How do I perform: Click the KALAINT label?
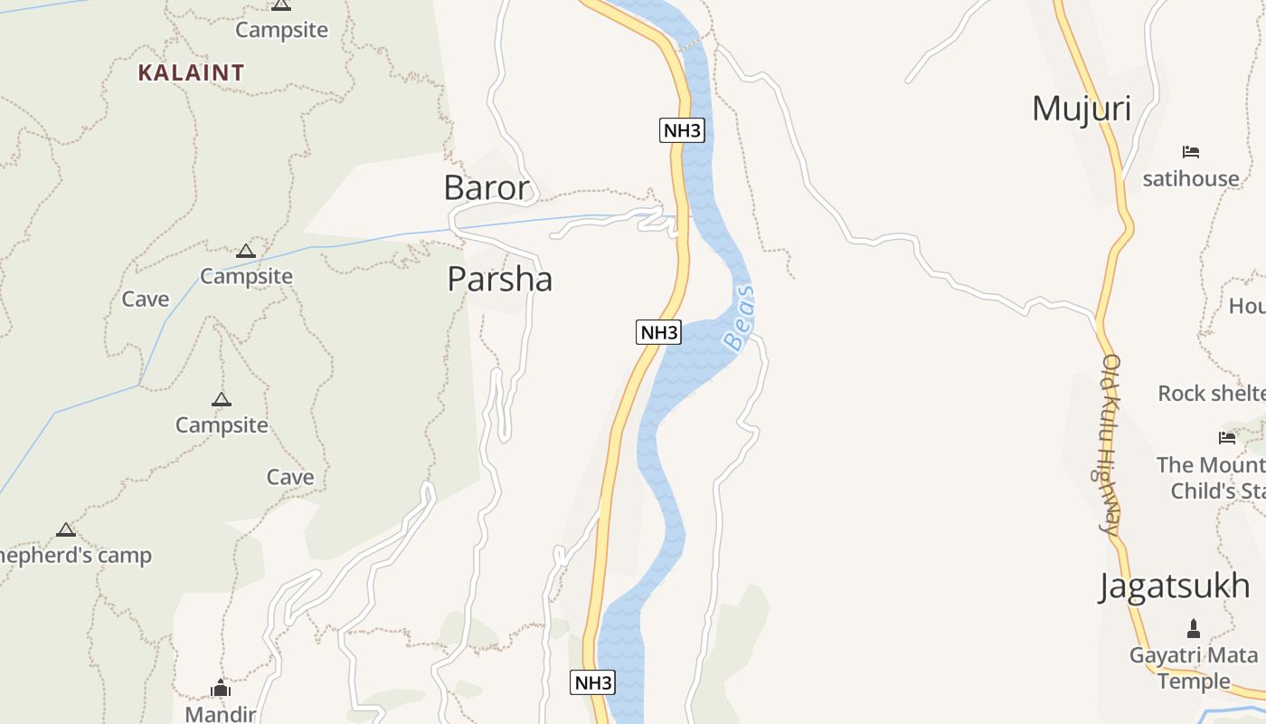191,72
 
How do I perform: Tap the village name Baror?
487,187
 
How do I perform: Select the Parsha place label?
499,279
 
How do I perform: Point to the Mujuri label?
1082,109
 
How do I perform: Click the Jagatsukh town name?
1175,586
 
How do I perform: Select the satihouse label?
1190,178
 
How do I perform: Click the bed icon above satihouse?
1191,152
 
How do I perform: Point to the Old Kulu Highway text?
1110,443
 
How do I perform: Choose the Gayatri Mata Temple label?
1194,668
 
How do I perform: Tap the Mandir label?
220,714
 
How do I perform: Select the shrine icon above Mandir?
221,689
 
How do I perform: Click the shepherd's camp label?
76,555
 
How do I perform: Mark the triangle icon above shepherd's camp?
65,529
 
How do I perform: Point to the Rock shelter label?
1212,393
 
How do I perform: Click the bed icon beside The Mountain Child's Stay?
1227,438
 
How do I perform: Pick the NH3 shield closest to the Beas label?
658,332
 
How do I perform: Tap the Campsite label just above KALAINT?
281,30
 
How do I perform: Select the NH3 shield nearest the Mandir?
592,682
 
